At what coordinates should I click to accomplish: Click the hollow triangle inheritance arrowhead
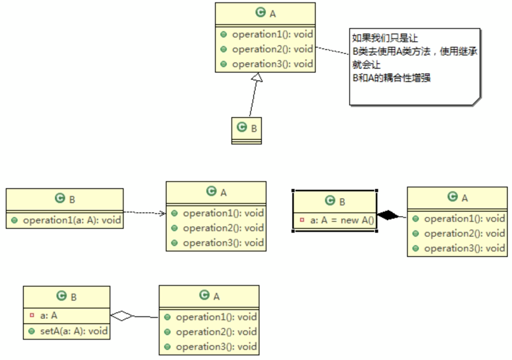[x=257, y=78]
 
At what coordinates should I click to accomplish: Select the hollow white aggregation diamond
[x=122, y=316]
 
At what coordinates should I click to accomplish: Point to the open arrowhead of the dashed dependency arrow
[x=163, y=213]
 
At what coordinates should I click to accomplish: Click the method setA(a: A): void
[x=74, y=331]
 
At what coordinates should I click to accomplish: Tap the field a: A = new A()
[x=342, y=220]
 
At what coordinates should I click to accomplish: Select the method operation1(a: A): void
[x=72, y=220]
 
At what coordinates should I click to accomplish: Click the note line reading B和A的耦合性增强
[x=391, y=78]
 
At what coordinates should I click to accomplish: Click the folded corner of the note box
[x=476, y=101]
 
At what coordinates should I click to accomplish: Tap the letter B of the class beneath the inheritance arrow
[x=254, y=129]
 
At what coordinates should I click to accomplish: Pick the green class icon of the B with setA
[x=61, y=296]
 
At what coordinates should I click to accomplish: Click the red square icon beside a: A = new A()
[x=302, y=220]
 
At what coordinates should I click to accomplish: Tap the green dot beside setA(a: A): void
[x=32, y=331]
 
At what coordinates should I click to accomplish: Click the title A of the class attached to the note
[x=273, y=14]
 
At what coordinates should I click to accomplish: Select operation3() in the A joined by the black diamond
[x=464, y=248]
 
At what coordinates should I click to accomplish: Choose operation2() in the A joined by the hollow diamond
[x=216, y=332]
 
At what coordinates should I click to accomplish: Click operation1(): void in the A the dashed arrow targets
[x=223, y=213]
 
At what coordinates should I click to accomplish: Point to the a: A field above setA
[x=48, y=315]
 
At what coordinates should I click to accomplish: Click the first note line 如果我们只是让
[x=385, y=38]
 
